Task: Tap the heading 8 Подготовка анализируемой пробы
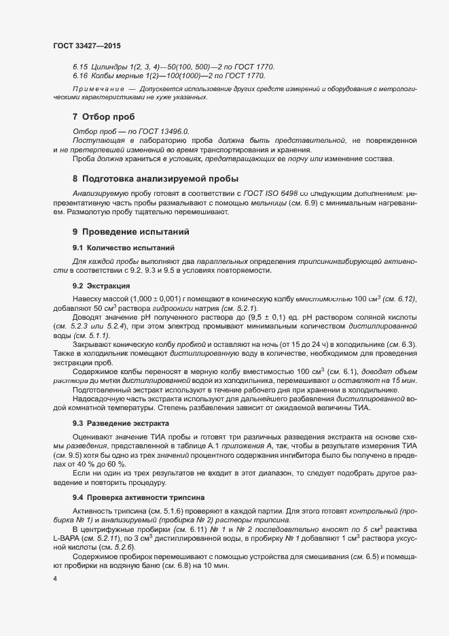(x=146, y=179)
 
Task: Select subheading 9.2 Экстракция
(x=101, y=286)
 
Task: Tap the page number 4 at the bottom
(x=55, y=578)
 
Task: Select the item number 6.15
(x=80, y=67)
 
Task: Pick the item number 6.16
(x=80, y=76)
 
